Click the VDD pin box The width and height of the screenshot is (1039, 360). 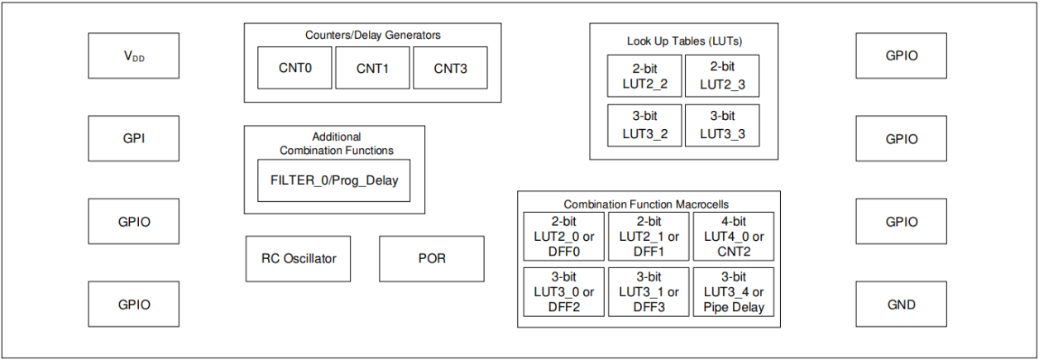[133, 56]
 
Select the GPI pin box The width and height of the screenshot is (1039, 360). [133, 138]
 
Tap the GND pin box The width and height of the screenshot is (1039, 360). [901, 304]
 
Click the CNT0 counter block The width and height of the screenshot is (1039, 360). [294, 68]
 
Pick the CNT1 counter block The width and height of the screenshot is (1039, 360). [372, 68]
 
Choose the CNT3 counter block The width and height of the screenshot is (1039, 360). [450, 68]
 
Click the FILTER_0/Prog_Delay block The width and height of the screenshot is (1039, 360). [333, 180]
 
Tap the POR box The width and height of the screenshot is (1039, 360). [431, 258]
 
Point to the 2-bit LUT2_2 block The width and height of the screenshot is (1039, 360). [644, 75]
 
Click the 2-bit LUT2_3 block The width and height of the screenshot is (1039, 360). [721, 75]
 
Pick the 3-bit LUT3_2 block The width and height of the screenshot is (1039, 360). [644, 124]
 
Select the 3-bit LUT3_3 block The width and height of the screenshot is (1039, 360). [721, 124]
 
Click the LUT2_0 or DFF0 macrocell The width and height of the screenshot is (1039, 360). [564, 237]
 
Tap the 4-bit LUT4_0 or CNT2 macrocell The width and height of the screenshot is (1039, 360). [733, 237]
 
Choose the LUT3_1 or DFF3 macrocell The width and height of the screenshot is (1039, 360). [649, 291]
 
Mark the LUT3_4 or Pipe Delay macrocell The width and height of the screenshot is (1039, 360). [733, 291]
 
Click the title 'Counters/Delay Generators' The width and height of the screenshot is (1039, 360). [372, 35]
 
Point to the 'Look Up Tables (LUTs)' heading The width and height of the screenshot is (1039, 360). [683, 41]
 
